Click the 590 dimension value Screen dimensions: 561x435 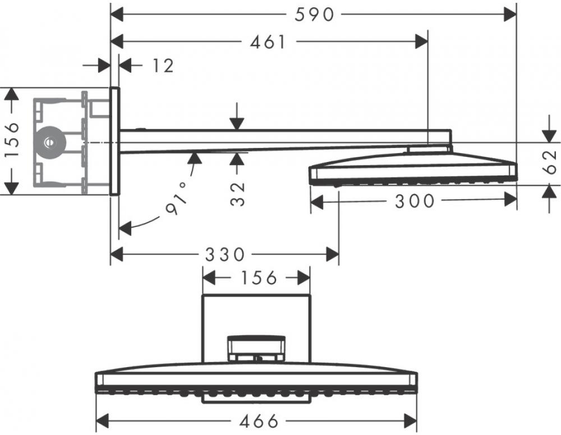314,15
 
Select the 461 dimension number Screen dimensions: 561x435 268,42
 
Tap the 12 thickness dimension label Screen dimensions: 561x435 163,66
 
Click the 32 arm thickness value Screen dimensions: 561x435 237,194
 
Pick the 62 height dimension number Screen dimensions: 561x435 550,161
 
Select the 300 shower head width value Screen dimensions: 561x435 415,201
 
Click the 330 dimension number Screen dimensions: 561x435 225,255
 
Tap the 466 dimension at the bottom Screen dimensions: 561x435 259,421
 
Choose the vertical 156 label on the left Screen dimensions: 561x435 12,140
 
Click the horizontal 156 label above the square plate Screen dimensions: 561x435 259,277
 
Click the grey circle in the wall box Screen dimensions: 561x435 50,142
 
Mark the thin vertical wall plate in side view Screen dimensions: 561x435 114,141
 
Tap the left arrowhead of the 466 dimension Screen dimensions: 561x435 103,421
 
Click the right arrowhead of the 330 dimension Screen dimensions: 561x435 332,254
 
